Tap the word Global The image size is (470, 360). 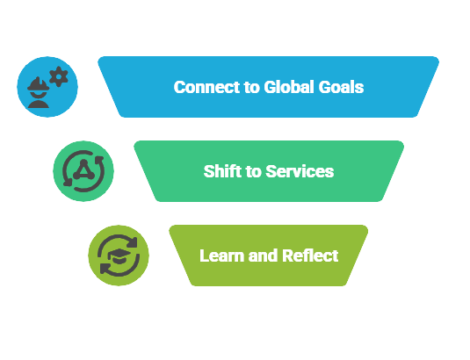tap(289, 87)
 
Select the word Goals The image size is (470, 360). tap(341, 87)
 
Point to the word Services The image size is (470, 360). tap(300, 171)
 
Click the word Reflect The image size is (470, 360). tap(310, 256)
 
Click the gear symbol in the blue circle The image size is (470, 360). tap(59, 76)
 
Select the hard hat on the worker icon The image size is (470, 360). tap(39, 84)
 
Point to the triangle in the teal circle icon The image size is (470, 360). tap(83, 170)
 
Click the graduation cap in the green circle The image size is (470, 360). tap(119, 256)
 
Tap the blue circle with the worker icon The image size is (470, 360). tap(47, 87)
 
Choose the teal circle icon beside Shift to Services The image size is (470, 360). tap(83, 171)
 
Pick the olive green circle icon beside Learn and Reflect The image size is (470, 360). tap(119, 256)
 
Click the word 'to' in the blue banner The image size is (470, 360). tap(252, 87)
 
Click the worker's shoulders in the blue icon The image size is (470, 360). tap(39, 104)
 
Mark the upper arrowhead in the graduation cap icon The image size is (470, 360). tap(132, 242)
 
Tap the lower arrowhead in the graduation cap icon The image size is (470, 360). tap(105, 269)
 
